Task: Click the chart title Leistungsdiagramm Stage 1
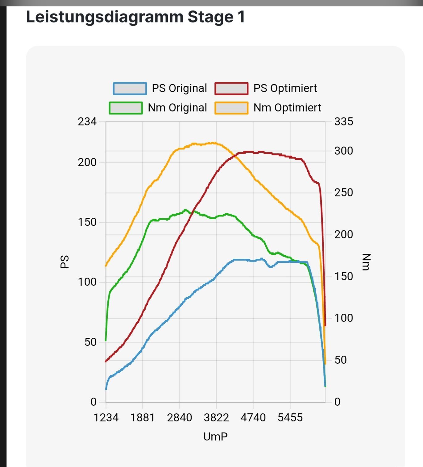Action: pyautogui.click(x=135, y=17)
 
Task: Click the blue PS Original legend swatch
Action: pyautogui.click(x=130, y=89)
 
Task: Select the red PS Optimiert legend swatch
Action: pyautogui.click(x=231, y=89)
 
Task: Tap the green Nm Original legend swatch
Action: pyautogui.click(x=126, y=108)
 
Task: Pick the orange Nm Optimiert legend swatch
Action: pyautogui.click(x=231, y=108)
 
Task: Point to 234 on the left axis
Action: pyautogui.click(x=87, y=122)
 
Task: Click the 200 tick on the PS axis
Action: pyautogui.click(x=87, y=162)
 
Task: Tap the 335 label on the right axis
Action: pyautogui.click(x=343, y=122)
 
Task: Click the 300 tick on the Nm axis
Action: pyautogui.click(x=343, y=151)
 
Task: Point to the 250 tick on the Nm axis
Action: pyautogui.click(x=343, y=192)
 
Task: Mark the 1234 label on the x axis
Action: pyautogui.click(x=106, y=418)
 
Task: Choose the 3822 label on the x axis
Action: pyautogui.click(x=216, y=418)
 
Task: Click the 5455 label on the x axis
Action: pyautogui.click(x=290, y=418)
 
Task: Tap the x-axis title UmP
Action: pyautogui.click(x=215, y=436)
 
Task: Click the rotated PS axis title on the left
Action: pyautogui.click(x=64, y=262)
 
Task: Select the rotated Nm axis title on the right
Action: pyautogui.click(x=366, y=262)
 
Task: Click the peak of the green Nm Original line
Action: pyautogui.click(x=185, y=210)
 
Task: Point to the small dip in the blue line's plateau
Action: pyautogui.click(x=270, y=267)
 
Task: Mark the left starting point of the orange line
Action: pyautogui.click(x=106, y=266)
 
